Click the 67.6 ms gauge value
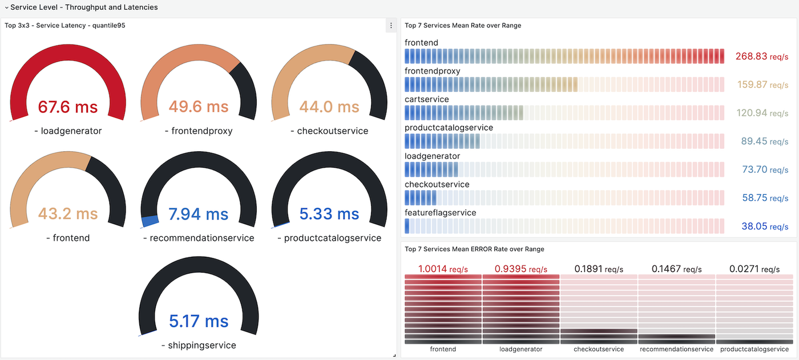[x=68, y=107]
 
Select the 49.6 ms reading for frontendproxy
[x=199, y=107]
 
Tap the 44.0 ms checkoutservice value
[x=329, y=107]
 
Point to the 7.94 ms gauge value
[x=199, y=214]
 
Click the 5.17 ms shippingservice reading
[x=199, y=321]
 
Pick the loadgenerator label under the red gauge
[x=68, y=131]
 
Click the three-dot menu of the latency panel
[x=391, y=26]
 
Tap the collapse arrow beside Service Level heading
[x=6, y=7]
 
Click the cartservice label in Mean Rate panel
[x=427, y=99]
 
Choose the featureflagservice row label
[x=440, y=213]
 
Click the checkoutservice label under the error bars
[x=599, y=349]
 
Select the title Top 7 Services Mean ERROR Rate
[x=474, y=249]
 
